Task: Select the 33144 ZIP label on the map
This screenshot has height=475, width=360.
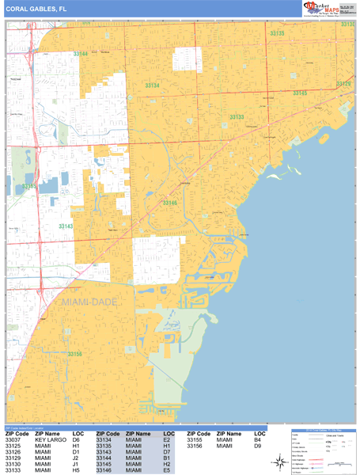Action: (x=81, y=53)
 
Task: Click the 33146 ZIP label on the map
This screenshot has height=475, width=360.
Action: (x=169, y=203)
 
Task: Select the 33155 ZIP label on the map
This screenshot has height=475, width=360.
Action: (x=29, y=186)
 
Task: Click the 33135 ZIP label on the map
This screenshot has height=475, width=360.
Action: (x=277, y=33)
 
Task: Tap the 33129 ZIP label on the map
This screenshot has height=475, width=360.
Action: (x=343, y=83)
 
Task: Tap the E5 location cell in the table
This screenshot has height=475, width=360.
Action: (x=167, y=470)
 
